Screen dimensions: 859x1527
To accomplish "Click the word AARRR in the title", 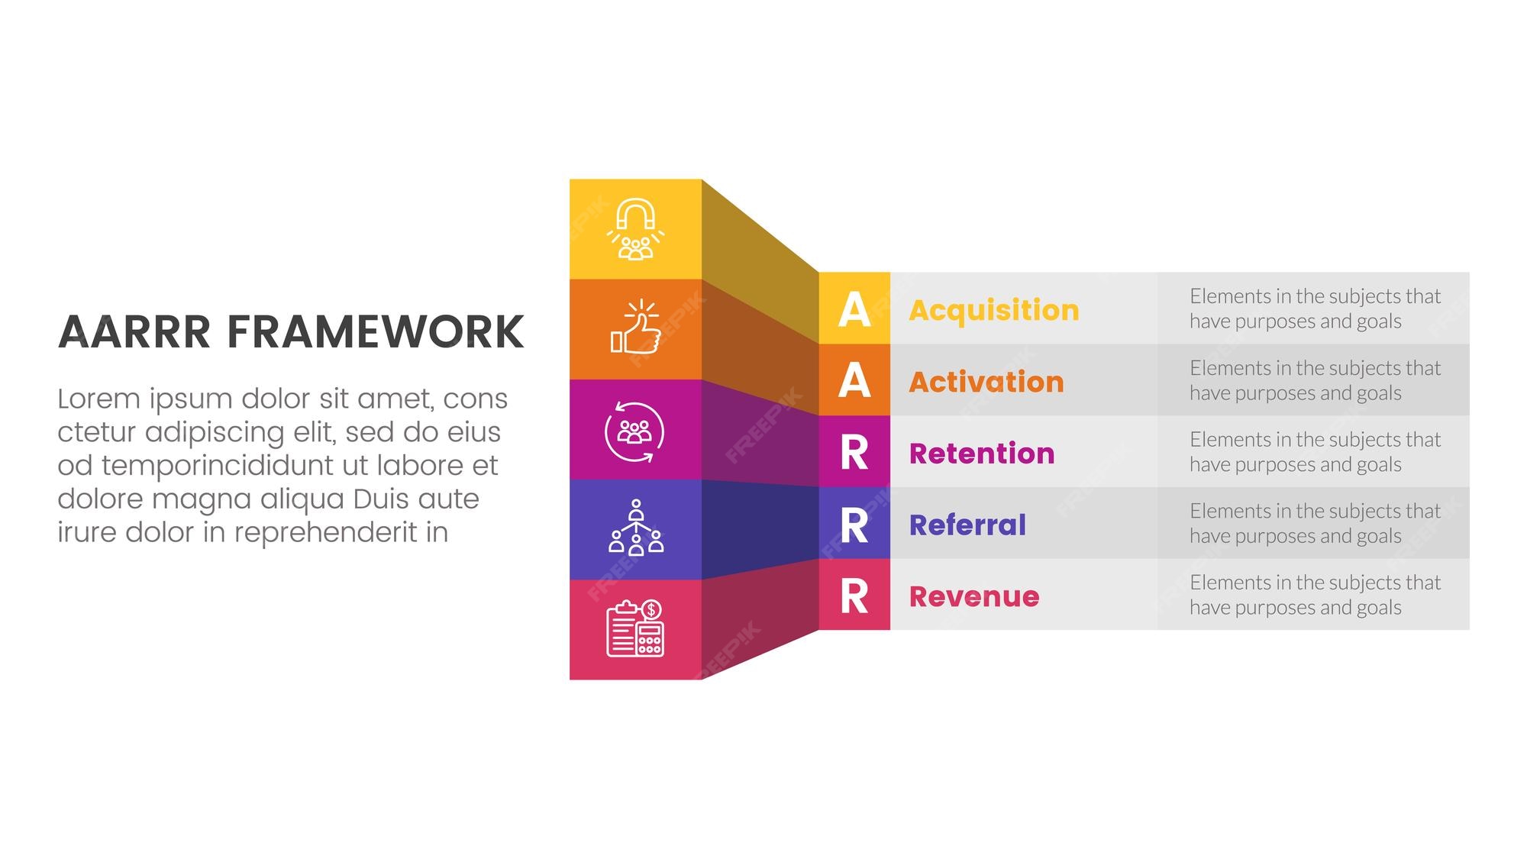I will click(x=134, y=332).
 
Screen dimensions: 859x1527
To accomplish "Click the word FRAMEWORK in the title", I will click(x=376, y=332).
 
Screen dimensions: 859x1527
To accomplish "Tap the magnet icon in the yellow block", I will click(x=635, y=229).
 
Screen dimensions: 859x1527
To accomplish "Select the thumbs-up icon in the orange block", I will click(x=635, y=328).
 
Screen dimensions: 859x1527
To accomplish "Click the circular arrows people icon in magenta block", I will click(x=634, y=432).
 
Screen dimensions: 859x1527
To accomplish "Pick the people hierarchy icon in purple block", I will click(x=635, y=528).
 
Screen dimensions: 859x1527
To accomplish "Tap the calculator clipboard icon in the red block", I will click(x=634, y=628).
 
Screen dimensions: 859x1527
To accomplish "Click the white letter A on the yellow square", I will click(x=854, y=309).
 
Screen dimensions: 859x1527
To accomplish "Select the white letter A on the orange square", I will click(x=854, y=380).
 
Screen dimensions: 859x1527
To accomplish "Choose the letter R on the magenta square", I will click(x=854, y=453).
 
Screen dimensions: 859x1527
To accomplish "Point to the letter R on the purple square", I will click(x=854, y=525).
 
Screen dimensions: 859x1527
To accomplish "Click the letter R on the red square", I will click(x=854, y=596).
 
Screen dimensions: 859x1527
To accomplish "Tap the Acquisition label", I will click(x=993, y=310).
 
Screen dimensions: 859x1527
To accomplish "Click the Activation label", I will click(x=986, y=382).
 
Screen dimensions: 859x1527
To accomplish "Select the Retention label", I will click(x=982, y=454).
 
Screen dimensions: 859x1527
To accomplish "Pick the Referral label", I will click(x=967, y=525).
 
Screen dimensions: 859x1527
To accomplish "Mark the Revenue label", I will click(x=973, y=596).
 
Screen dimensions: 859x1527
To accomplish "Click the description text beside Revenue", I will click(x=1314, y=595).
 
